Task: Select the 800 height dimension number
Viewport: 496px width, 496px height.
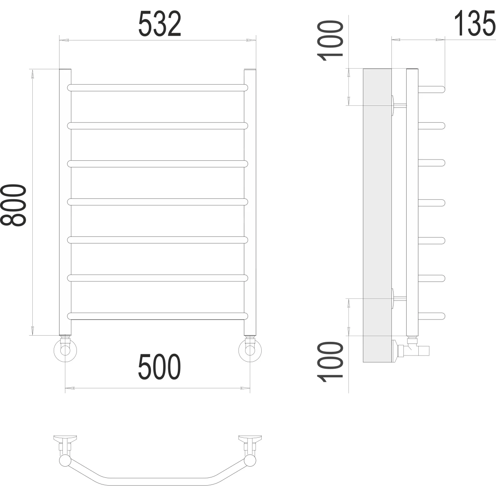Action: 13,205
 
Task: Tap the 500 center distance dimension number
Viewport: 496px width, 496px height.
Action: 159,367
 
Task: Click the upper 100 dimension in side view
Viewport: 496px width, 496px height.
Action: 330,41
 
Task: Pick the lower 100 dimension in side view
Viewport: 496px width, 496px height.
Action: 330,362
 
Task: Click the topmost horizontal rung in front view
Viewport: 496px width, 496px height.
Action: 157,88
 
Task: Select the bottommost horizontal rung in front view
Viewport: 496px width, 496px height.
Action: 157,316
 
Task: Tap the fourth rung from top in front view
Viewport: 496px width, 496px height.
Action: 157,202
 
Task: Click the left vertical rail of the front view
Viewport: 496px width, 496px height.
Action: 65,202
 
